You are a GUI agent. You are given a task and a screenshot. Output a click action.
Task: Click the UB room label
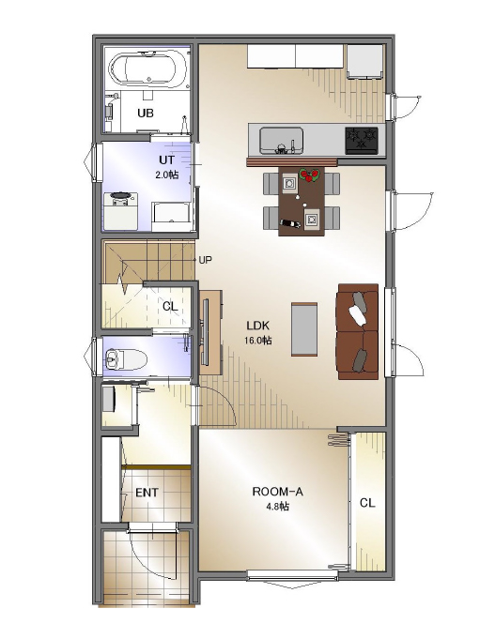pos(146,113)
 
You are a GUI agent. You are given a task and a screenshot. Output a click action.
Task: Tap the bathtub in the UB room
pos(148,68)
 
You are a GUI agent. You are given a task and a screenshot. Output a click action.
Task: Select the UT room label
pos(167,160)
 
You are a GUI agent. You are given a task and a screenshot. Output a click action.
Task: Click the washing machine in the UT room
pos(120,210)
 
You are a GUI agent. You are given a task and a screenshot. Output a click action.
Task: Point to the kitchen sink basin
pos(282,141)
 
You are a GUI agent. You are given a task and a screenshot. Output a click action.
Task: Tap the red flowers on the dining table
pos(310,175)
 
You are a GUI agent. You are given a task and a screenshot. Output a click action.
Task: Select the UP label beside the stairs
pos(205,260)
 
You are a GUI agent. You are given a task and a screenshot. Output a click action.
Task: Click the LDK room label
pos(258,326)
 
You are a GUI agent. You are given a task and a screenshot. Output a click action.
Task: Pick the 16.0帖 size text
pos(257,341)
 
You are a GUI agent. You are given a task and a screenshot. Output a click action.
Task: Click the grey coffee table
pos(304,329)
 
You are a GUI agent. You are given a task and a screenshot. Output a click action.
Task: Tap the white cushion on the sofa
pos(357,315)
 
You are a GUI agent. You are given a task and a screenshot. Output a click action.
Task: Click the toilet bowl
pos(126,359)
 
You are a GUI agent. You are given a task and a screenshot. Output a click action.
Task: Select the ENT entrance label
pos(147,493)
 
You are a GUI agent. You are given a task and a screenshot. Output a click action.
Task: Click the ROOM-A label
pos(278,492)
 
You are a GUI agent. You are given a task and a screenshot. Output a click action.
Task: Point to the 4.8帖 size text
pos(278,507)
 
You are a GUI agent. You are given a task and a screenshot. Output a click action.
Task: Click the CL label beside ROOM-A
pos(367,503)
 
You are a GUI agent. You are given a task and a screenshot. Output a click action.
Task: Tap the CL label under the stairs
pos(170,306)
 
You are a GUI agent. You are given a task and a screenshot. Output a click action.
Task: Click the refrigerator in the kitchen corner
pos(365,61)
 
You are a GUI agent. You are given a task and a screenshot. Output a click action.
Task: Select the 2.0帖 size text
pos(167,175)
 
